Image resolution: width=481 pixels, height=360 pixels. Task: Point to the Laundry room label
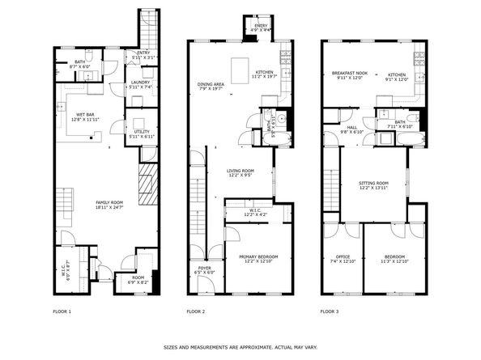pos(139,85)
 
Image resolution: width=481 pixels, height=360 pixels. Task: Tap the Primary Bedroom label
pos(258,259)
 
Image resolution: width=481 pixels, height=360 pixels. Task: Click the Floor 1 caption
pos(62,311)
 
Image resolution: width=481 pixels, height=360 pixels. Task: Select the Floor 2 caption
pos(196,311)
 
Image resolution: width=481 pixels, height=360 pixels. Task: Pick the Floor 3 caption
pos(330,311)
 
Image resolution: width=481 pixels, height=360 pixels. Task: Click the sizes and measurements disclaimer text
pos(240,348)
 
